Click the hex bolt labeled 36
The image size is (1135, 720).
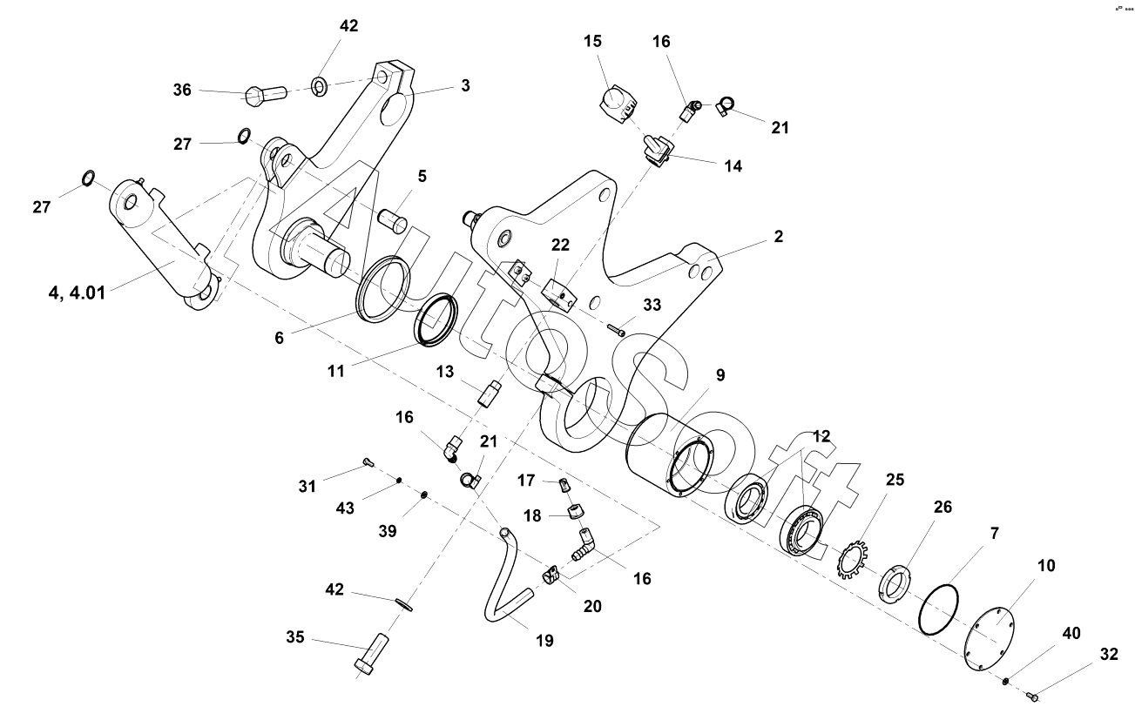coord(266,95)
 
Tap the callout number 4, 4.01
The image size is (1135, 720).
coord(77,293)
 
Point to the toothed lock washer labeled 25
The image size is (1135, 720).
coord(854,560)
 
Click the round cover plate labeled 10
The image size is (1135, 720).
coord(990,642)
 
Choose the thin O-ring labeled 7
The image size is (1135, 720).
coord(938,609)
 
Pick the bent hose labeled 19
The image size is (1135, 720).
coord(508,575)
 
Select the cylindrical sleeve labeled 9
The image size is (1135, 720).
coord(669,454)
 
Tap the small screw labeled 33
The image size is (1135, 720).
coord(615,329)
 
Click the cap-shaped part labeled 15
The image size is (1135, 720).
coord(618,104)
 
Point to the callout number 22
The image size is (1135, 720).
coord(560,245)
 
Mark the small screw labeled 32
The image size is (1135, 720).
coord(1032,697)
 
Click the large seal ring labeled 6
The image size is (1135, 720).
coord(383,290)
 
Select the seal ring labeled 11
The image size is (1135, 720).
coord(436,320)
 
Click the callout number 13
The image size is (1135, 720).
coord(445,372)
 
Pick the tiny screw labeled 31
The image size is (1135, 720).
coord(368,461)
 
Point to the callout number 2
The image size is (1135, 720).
coord(779,237)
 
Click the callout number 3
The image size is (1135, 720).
coord(465,85)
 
